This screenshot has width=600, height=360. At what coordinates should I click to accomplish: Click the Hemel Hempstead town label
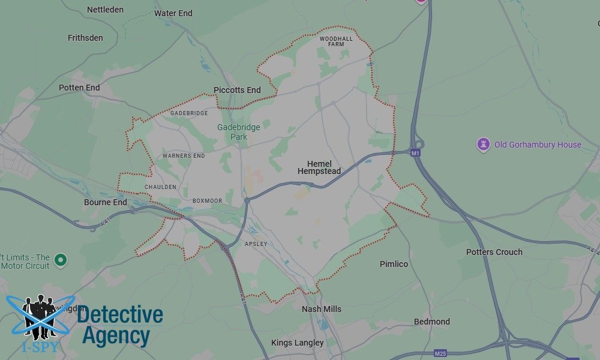click(x=319, y=167)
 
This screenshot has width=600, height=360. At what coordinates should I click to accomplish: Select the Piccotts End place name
click(x=237, y=90)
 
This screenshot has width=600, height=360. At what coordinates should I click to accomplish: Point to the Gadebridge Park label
click(x=232, y=132)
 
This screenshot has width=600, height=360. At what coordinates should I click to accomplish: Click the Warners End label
click(x=184, y=156)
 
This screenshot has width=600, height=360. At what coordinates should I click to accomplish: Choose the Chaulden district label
click(x=160, y=187)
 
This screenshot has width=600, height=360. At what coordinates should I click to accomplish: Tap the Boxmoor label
click(x=208, y=200)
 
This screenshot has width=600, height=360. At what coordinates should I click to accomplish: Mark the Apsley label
click(x=256, y=244)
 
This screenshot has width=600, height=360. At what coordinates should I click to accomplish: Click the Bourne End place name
click(x=106, y=202)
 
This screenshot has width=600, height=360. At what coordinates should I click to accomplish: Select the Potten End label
click(x=79, y=88)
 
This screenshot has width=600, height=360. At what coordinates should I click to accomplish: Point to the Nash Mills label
click(x=322, y=309)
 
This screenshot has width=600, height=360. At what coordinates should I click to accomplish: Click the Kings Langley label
click(x=298, y=343)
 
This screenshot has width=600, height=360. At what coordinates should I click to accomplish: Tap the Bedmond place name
click(x=432, y=322)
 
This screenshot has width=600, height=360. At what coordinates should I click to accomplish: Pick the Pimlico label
click(x=394, y=264)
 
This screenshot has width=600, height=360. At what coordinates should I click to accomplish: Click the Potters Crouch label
click(x=494, y=252)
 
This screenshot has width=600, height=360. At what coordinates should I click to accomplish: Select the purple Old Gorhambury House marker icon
click(x=484, y=144)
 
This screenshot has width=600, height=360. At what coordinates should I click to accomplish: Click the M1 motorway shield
click(x=415, y=154)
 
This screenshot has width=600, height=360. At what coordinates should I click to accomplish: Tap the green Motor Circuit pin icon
click(x=60, y=260)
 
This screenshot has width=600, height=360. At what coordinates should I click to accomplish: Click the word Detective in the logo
click(x=120, y=315)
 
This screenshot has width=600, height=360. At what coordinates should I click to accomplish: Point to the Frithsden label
click(x=85, y=38)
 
